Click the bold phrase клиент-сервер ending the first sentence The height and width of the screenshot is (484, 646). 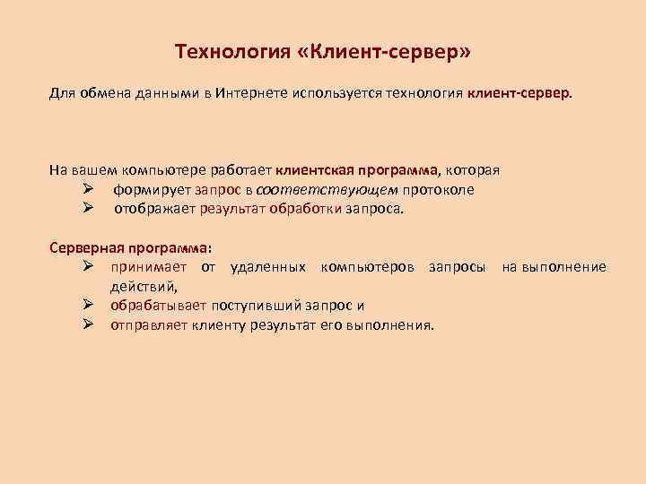pyautogui.click(x=518, y=93)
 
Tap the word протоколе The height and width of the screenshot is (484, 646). pyautogui.click(x=439, y=189)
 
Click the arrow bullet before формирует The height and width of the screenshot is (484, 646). pyautogui.click(x=88, y=189)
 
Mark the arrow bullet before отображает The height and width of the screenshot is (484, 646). pyautogui.click(x=88, y=209)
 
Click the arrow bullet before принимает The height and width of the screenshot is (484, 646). pyautogui.click(x=88, y=267)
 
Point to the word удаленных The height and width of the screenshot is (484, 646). pyautogui.click(x=268, y=267)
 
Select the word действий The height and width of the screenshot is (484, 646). pyautogui.click(x=144, y=287)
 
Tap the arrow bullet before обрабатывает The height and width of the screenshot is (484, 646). pyautogui.click(x=88, y=306)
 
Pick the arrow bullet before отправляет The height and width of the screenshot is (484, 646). pyautogui.click(x=88, y=325)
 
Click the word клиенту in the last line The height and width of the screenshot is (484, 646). pyautogui.click(x=219, y=325)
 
